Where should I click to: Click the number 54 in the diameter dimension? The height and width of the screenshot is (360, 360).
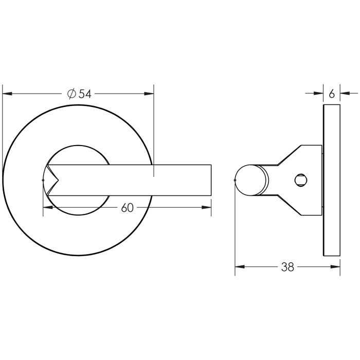(85, 94)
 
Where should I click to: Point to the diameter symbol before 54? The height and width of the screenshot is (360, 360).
(72, 94)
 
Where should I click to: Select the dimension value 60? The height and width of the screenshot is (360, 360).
(127, 208)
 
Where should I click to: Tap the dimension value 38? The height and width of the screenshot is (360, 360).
(287, 267)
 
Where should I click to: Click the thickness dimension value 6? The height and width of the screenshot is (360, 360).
(331, 94)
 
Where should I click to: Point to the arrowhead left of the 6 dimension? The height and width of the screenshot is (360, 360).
(319, 94)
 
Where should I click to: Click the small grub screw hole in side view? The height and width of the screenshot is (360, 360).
(300, 179)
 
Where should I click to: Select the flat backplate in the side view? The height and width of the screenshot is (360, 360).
(332, 179)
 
